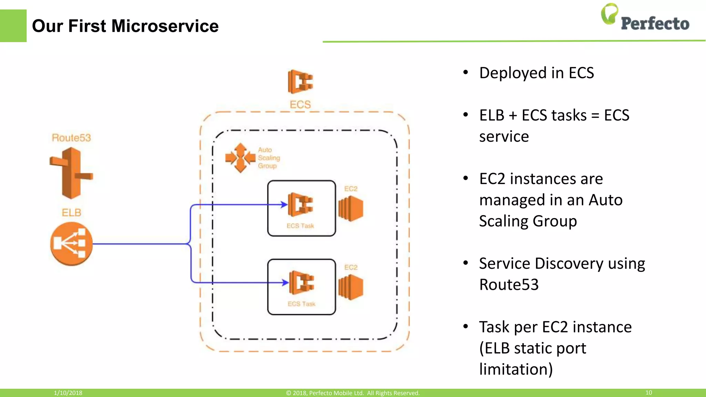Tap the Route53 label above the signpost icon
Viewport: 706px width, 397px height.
pos(71,138)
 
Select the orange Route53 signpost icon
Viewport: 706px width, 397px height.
pos(71,173)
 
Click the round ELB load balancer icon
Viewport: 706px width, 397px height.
pos(71,244)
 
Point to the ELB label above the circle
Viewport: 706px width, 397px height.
pos(71,213)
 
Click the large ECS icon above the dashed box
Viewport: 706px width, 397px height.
pos(300,82)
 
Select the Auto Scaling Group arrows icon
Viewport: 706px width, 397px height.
pos(240,158)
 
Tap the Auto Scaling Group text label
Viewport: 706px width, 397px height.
pos(269,158)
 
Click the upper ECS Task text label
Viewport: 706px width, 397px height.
pos(300,226)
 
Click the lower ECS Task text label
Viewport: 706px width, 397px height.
pos(302,304)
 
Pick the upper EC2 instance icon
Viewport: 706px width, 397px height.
pos(351,208)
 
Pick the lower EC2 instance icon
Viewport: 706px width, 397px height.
pos(351,287)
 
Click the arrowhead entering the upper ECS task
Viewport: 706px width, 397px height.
pos(284,205)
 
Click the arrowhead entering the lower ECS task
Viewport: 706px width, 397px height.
pos(285,283)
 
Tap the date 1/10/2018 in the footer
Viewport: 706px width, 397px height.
pos(68,393)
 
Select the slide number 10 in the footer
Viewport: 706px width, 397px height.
pos(648,393)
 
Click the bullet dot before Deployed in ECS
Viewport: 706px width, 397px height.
pos(466,73)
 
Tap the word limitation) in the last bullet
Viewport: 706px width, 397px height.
pos(516,369)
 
